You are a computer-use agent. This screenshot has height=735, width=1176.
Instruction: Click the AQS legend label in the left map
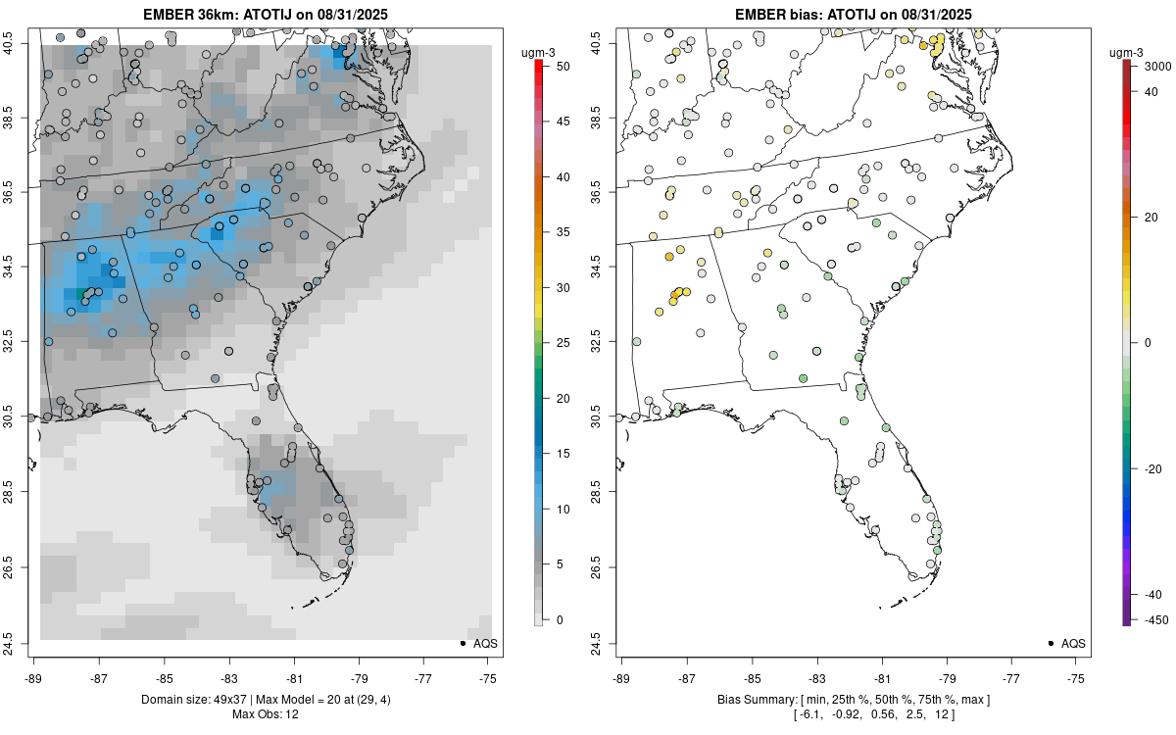[486, 644]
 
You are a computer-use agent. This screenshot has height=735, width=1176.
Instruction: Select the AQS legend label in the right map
[1074, 644]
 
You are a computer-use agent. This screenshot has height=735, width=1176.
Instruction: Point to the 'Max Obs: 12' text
[266, 713]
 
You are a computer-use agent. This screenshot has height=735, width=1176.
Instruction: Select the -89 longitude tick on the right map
[622, 677]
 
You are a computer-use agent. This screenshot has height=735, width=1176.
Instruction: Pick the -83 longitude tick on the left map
[229, 677]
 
